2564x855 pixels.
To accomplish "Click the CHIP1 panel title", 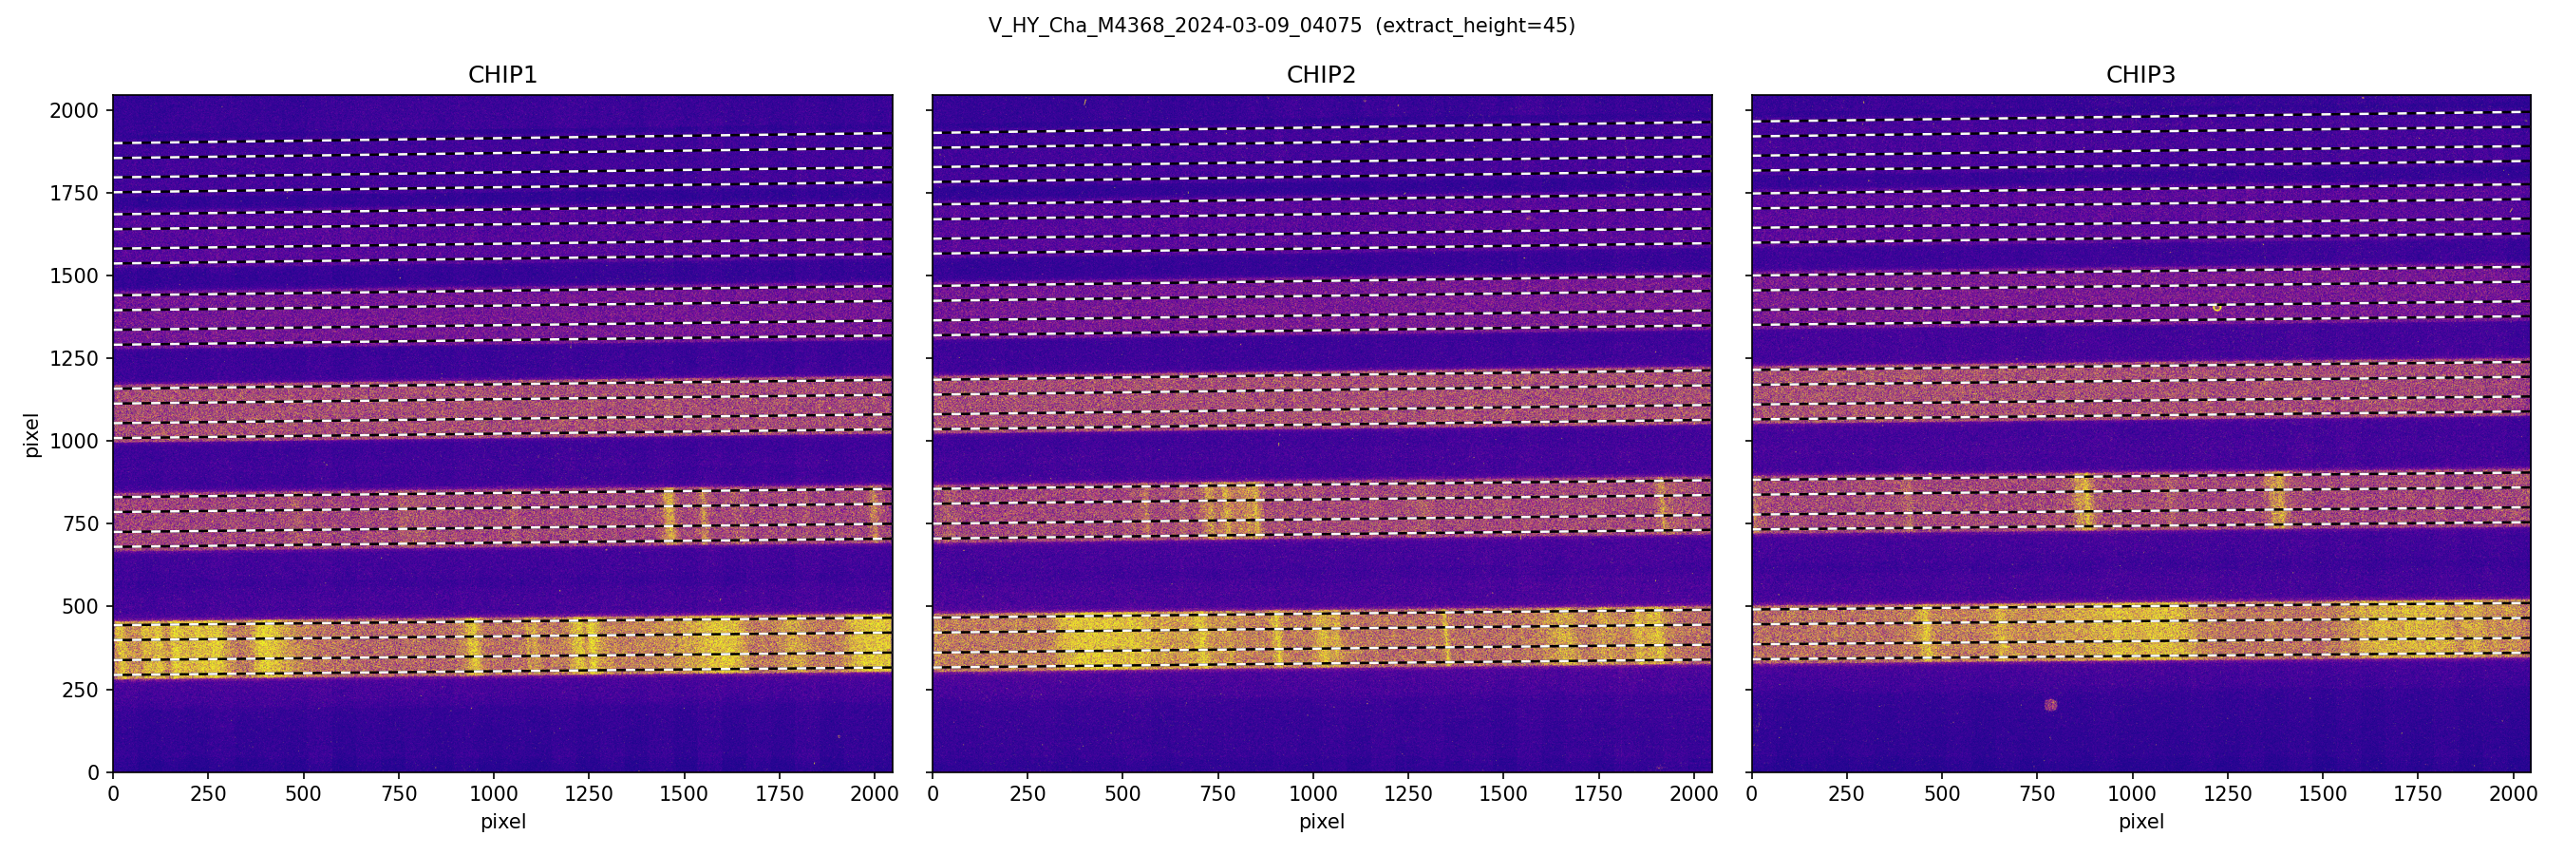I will [502, 75].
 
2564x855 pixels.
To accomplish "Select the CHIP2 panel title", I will [1321, 75].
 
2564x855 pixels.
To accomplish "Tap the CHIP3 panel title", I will [2140, 75].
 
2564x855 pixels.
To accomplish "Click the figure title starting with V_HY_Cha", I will [1175, 26].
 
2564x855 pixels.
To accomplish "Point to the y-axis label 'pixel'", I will [32, 435].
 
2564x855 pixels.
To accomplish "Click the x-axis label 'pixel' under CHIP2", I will [1321, 822].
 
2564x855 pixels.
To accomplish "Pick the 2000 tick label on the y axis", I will [74, 110].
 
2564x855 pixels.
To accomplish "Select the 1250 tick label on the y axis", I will [74, 358].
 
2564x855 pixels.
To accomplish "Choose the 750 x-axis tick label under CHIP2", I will [1217, 794].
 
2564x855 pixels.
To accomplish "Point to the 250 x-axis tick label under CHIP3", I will [1846, 794].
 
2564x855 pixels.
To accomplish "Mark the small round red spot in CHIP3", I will [2050, 706].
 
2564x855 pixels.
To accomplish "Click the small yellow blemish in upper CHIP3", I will [2216, 308].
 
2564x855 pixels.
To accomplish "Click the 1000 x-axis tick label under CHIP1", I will [494, 794].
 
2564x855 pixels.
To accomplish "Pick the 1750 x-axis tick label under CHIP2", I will [1597, 794].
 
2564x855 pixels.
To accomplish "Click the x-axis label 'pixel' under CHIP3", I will [2140, 822].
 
